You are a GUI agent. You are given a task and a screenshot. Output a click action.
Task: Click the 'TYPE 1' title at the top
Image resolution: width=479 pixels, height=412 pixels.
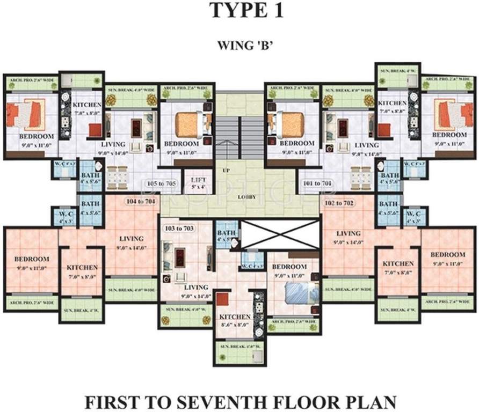click(240, 10)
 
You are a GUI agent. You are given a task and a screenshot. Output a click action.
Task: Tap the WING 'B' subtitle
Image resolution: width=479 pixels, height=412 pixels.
click(239, 45)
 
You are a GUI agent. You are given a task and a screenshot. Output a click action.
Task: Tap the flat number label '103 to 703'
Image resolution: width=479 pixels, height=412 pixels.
click(178, 228)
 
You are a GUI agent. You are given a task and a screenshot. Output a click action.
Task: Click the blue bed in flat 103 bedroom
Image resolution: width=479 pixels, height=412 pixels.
click(296, 295)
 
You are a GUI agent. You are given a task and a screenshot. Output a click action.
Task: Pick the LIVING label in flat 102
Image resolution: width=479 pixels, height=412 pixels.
click(347, 233)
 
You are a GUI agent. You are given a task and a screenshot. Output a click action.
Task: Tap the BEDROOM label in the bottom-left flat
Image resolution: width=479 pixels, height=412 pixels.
click(32, 259)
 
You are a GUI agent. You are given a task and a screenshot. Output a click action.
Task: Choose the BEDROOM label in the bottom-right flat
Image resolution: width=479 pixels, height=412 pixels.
click(447, 254)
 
